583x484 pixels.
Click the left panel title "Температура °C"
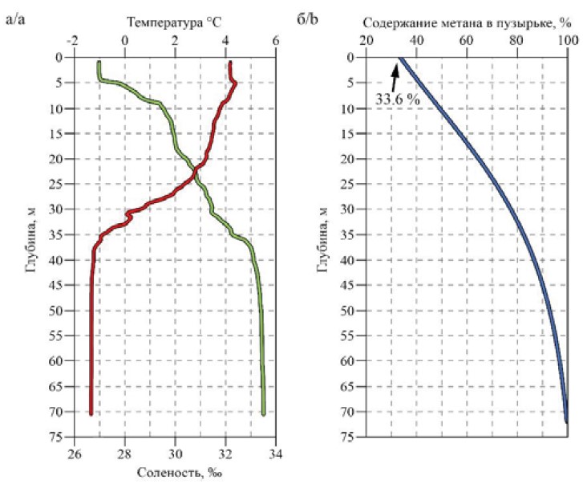(175, 23)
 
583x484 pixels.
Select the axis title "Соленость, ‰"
(174, 471)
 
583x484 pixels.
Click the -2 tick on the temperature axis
(73, 41)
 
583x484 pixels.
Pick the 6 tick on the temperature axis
(276, 41)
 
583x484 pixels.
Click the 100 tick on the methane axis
(568, 41)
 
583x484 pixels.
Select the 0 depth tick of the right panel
(350, 57)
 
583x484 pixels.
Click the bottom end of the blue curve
(566, 421)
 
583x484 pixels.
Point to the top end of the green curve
(99, 63)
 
